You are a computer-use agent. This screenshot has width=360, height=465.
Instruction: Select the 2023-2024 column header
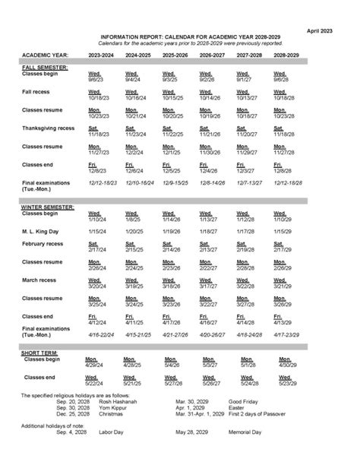coord(102,55)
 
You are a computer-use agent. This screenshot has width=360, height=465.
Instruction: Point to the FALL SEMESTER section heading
coord(45,68)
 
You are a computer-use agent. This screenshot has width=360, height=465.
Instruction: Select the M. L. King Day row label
coord(40,231)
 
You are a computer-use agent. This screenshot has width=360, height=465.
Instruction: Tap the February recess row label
coord(45,244)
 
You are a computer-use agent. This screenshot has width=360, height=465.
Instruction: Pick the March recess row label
coord(41,280)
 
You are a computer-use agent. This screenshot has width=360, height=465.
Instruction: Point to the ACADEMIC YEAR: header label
coord(45,55)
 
